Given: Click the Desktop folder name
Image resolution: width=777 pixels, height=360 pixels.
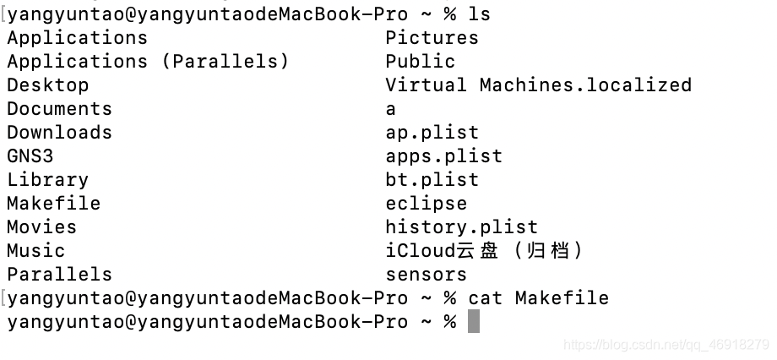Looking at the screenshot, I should point(47,85).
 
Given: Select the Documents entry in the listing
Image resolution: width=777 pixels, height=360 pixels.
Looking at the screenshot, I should point(59,109).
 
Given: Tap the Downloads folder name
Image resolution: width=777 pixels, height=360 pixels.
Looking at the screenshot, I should point(59,133).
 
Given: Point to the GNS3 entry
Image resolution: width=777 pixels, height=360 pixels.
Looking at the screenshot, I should point(30,156).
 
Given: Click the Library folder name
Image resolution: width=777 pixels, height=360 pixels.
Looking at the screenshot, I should point(47,180).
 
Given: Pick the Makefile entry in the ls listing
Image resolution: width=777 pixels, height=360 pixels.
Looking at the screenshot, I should point(53,204).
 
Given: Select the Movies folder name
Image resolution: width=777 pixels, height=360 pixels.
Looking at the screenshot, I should point(41,227).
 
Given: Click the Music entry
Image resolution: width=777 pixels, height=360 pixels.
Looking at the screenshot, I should point(35,251).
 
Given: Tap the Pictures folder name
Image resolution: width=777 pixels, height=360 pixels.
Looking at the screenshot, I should point(432,38).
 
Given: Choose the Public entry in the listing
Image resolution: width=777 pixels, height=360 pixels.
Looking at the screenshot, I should point(420,62).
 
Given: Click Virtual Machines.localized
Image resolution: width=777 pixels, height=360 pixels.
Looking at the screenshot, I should point(538,85).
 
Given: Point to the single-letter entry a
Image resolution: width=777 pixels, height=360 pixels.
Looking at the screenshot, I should point(390,109).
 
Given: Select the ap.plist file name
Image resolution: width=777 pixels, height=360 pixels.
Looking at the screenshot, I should point(432,133).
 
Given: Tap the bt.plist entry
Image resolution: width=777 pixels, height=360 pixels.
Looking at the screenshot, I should point(432,180).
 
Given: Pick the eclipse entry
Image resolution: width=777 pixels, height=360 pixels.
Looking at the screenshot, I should point(426,204).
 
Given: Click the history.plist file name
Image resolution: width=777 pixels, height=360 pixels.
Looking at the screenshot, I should point(461,227).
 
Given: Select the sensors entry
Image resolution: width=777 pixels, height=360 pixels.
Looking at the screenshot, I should point(426,275).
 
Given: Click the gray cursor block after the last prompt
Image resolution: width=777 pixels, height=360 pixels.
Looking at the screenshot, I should point(473,322).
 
